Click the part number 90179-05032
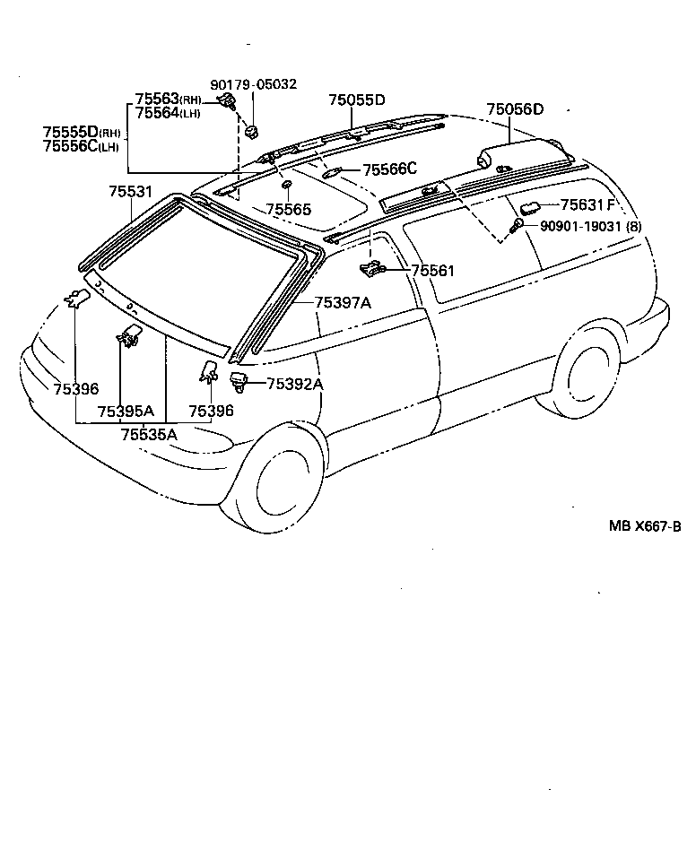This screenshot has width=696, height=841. click(x=254, y=85)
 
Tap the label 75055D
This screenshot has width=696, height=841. click(x=356, y=100)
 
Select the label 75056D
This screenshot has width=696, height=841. click(x=515, y=109)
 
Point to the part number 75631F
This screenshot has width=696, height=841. click(x=587, y=204)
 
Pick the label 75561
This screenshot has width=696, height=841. click(x=433, y=270)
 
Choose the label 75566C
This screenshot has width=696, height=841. click(x=391, y=169)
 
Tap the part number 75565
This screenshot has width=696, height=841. click(x=288, y=209)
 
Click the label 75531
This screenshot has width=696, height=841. click(x=131, y=192)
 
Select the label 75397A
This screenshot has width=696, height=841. click(x=343, y=303)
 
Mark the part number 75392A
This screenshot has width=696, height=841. click(x=295, y=385)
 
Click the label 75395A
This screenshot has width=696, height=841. click(x=126, y=412)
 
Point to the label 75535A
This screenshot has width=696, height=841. click(x=149, y=434)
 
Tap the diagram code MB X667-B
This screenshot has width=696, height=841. click(x=645, y=526)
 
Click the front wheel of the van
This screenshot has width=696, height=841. click(x=280, y=484)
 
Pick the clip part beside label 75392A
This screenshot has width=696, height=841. click(x=240, y=381)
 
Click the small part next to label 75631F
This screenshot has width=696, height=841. click(x=528, y=208)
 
